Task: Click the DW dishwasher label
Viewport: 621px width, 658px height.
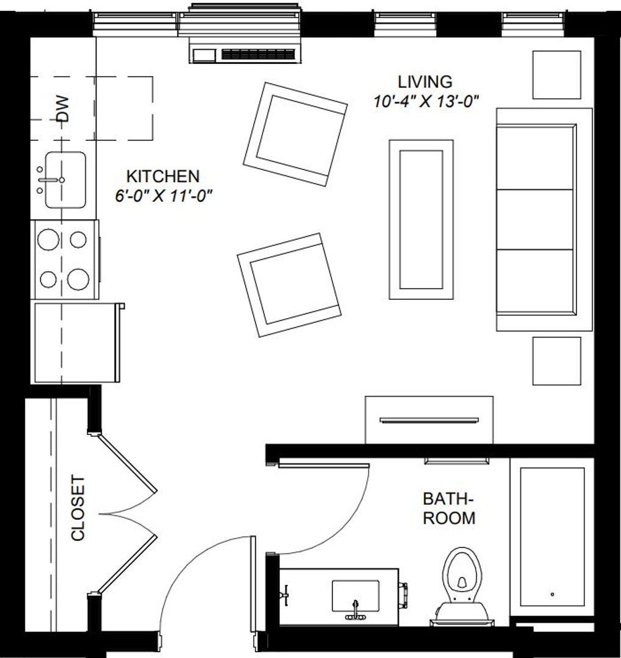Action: tap(63, 109)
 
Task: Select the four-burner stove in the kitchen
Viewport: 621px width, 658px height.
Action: tap(64, 260)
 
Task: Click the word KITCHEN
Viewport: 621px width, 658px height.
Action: tap(162, 177)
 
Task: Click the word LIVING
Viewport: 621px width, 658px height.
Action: tap(425, 81)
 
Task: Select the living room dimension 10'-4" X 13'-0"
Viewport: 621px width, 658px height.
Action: tap(425, 101)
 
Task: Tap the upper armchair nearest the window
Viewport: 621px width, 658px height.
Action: tap(295, 134)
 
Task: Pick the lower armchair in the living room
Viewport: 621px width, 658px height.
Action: tap(289, 285)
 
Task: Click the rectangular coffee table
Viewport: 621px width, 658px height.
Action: tap(421, 219)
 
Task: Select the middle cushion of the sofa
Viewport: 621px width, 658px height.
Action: tap(536, 219)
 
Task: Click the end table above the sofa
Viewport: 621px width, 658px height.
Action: tap(556, 74)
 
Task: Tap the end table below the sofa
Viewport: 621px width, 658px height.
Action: tap(556, 361)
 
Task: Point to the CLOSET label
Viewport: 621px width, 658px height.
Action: tap(78, 508)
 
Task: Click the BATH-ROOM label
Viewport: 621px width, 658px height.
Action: tap(449, 509)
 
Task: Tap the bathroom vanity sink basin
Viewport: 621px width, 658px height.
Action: tap(355, 596)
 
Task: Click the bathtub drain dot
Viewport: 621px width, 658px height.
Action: tap(552, 594)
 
